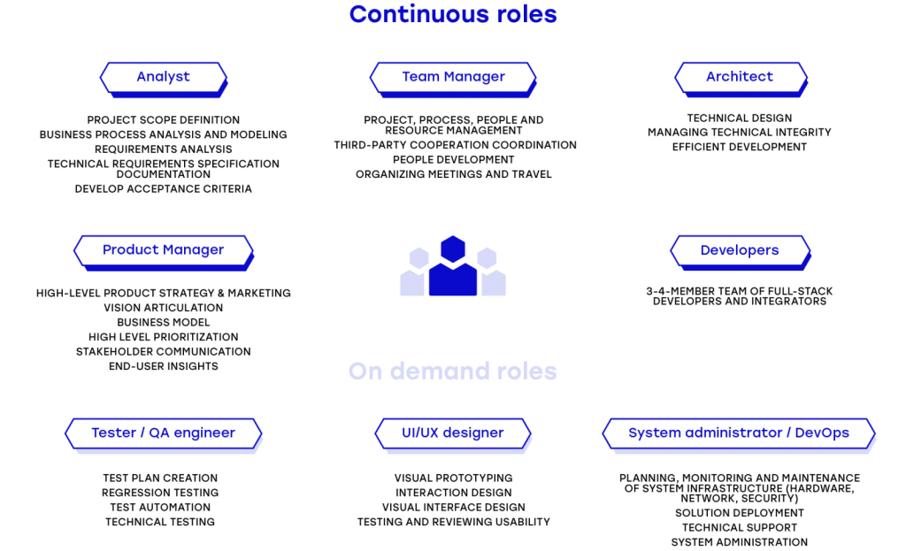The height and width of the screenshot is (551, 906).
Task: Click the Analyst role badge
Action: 164,79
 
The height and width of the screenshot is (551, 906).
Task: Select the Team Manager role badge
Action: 453,79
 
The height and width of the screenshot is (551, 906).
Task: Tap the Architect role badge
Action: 741,79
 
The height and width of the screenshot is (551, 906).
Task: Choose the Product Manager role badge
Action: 164,252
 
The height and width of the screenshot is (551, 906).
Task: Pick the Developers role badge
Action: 741,252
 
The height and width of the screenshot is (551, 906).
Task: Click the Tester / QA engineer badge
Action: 164,433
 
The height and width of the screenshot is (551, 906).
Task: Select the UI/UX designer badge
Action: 453,433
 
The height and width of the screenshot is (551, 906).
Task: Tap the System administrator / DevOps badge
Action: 739,433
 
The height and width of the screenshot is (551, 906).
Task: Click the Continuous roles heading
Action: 453,14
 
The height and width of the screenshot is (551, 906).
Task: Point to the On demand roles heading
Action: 453,371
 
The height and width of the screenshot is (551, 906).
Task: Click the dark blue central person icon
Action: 453,265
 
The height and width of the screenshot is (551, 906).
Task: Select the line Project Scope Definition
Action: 164,120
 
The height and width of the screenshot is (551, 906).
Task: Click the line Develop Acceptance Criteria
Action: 164,189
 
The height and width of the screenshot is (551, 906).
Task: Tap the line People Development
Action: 454,159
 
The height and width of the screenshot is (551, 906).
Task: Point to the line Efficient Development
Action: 740,147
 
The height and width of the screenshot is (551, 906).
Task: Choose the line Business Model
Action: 164,322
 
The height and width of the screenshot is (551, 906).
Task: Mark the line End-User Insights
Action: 164,366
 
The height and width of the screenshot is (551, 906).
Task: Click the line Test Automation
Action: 161,507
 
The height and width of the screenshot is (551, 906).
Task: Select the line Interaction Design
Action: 454,493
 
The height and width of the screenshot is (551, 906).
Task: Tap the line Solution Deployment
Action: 740,513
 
